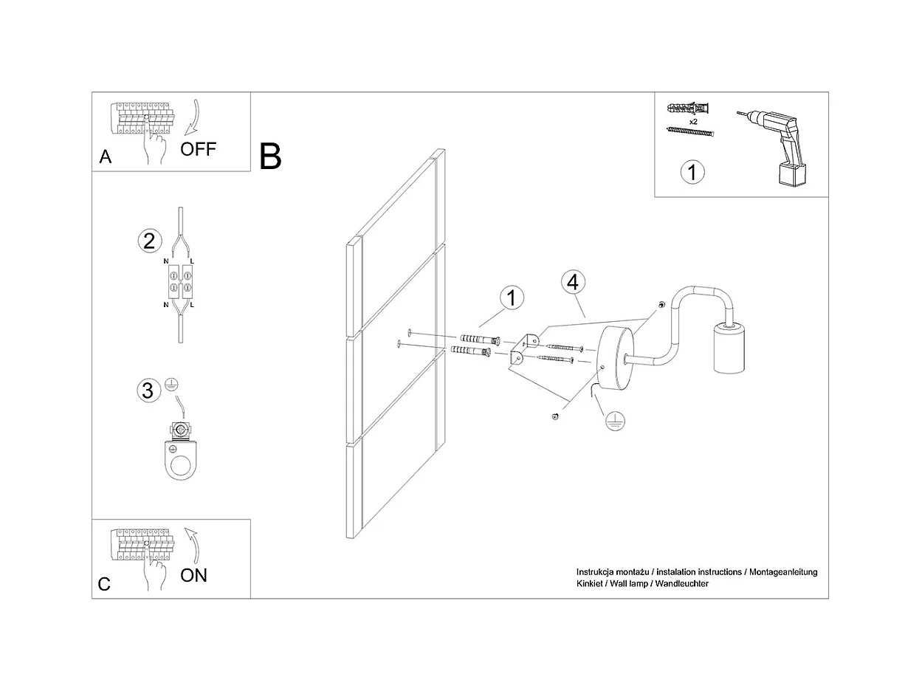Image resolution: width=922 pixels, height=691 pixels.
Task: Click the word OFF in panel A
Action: pos(199,149)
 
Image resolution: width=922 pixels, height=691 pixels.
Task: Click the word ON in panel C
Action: pos(194,575)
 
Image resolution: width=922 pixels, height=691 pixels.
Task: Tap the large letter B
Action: pos(271,157)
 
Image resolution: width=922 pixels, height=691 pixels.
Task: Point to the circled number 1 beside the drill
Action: pos(692,172)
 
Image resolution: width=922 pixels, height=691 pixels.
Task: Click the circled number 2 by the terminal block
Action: pos(149,241)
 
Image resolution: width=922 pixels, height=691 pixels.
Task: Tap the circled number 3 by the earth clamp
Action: pos(148,390)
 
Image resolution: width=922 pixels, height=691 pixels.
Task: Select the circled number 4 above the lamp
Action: pos(574,283)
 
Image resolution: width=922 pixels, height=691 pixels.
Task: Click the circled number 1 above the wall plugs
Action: pos(511,298)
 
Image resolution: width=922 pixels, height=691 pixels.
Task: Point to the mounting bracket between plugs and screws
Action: pos(523,348)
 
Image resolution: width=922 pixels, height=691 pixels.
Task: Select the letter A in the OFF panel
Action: pos(106,157)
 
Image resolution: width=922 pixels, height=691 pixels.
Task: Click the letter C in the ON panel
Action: pos(105,584)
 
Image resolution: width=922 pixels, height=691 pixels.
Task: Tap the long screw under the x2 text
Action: pos(690,131)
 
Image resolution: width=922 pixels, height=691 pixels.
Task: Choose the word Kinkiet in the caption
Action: pos(591,584)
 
